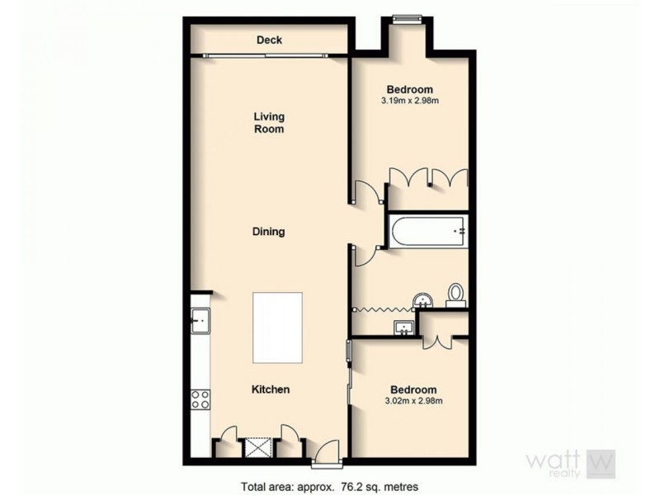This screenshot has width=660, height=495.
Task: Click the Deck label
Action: [x=269, y=40]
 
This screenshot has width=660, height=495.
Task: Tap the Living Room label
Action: [x=269, y=123]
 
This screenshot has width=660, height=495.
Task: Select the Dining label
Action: [x=268, y=232]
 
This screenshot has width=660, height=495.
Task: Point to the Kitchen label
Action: [x=270, y=389]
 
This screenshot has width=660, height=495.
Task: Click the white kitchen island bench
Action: [x=277, y=328]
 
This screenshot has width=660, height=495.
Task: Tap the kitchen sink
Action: [x=200, y=320]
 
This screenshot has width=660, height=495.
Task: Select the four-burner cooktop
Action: [x=200, y=399]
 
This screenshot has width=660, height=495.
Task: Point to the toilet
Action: [x=455, y=295]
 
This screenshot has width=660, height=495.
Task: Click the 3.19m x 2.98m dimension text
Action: [x=409, y=101]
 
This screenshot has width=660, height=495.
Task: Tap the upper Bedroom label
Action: [x=410, y=89]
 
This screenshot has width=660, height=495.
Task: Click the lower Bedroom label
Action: [x=413, y=389]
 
